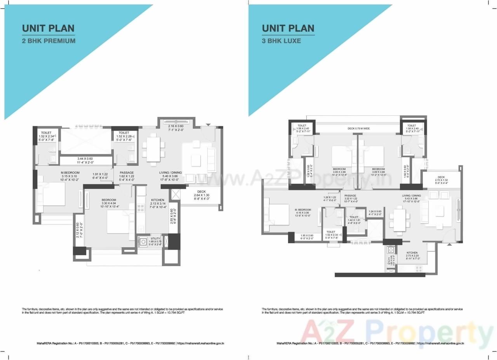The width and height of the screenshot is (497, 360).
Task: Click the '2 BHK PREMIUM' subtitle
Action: coord(49,40)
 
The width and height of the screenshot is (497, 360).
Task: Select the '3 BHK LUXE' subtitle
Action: coord(281,40)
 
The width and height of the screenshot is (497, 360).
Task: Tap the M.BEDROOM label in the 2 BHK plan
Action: coord(70,173)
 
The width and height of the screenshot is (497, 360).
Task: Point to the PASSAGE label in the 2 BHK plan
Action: coord(127,173)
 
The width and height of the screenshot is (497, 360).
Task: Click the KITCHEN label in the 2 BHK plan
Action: coord(158,200)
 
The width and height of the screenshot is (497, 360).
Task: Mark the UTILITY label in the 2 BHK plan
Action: coord(155,238)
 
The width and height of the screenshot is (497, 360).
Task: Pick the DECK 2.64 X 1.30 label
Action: coord(201,191)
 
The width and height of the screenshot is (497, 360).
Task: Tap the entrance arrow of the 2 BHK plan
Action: coord(208,125)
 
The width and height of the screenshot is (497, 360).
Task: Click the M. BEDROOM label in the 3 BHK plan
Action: coord(302,209)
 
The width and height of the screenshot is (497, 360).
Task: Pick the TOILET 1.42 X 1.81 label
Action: coord(354,218)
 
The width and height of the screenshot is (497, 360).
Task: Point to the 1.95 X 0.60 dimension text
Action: coord(307,235)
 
